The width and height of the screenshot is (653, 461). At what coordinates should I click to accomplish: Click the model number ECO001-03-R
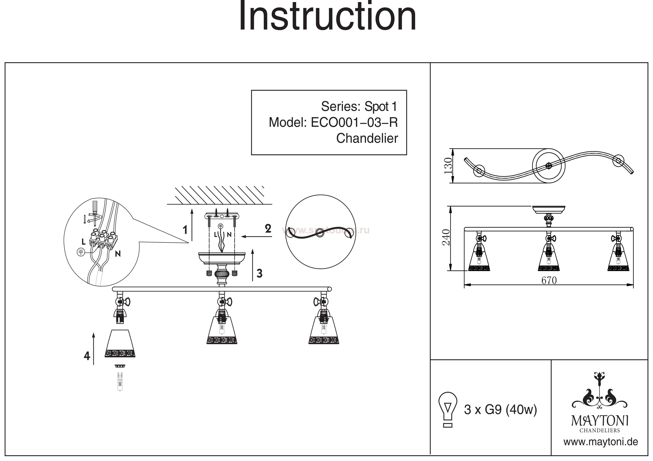pos(354,123)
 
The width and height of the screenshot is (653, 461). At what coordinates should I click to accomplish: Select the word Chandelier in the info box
pos(367,139)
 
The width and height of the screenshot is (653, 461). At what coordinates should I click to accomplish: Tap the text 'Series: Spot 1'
pos(359,107)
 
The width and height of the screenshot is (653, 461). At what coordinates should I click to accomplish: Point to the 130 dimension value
pos(448,166)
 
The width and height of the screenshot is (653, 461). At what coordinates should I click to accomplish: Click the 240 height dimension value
pos(446,237)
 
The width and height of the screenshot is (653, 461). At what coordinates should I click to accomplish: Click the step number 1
pos(185,230)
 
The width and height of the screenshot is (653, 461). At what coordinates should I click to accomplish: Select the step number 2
pos(268,229)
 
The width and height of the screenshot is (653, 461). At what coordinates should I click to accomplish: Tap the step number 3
pos(259,273)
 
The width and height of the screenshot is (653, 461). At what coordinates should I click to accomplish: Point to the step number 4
pos(87,356)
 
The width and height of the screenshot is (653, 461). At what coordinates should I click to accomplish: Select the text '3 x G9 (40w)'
pos(500,410)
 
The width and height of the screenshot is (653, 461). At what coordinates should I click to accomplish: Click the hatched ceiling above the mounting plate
pos(219,195)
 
